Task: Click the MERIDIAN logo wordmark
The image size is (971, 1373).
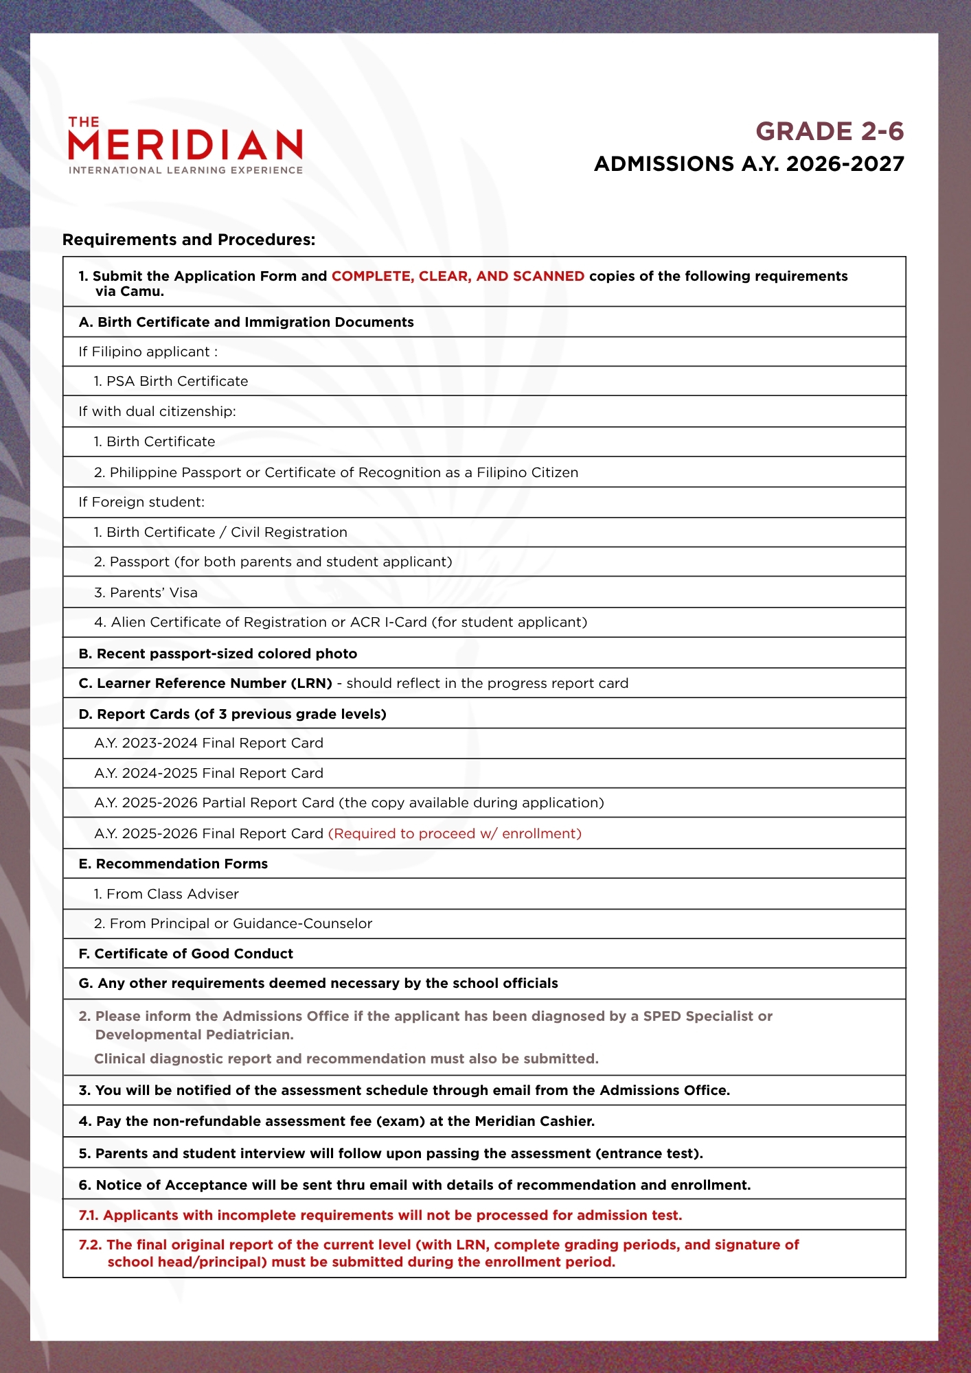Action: pyautogui.click(x=185, y=145)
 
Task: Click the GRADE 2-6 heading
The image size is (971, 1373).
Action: pyautogui.click(x=830, y=131)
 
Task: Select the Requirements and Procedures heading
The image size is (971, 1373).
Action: pyautogui.click(x=189, y=240)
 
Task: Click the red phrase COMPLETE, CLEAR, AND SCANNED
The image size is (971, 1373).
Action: pyautogui.click(x=458, y=276)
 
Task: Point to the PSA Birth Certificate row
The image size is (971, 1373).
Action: pyautogui.click(x=171, y=381)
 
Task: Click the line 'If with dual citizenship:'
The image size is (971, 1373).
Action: pyautogui.click(x=157, y=411)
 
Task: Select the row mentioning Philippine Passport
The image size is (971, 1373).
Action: pyautogui.click(x=336, y=472)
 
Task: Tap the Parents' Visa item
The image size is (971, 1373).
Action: pyautogui.click(x=146, y=592)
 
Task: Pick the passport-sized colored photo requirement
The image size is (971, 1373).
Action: pyautogui.click(x=218, y=654)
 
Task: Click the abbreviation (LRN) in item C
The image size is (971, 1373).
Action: pyautogui.click(x=311, y=683)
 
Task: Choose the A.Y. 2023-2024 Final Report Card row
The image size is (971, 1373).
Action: pyautogui.click(x=209, y=743)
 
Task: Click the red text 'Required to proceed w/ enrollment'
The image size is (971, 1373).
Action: pyautogui.click(x=455, y=833)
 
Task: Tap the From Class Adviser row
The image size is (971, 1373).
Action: pyautogui.click(x=166, y=894)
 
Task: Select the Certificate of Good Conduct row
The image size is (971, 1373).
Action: pyautogui.click(x=186, y=954)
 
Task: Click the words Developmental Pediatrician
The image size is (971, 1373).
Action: pyautogui.click(x=194, y=1035)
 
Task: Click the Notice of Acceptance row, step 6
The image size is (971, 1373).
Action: pyautogui.click(x=415, y=1185)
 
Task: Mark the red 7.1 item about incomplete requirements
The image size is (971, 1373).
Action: pyautogui.click(x=380, y=1215)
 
